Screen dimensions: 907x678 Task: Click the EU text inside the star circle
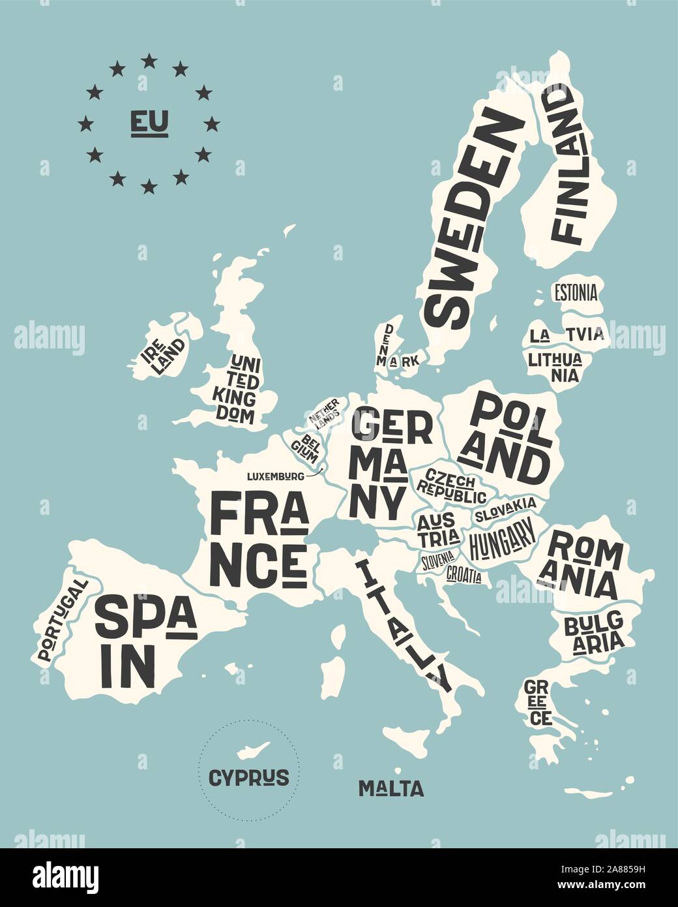(149, 122)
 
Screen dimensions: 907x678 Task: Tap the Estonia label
(575, 292)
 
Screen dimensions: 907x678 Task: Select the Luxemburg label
(275, 476)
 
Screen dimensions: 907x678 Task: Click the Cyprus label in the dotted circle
(248, 777)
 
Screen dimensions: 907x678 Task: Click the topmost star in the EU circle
(149, 61)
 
